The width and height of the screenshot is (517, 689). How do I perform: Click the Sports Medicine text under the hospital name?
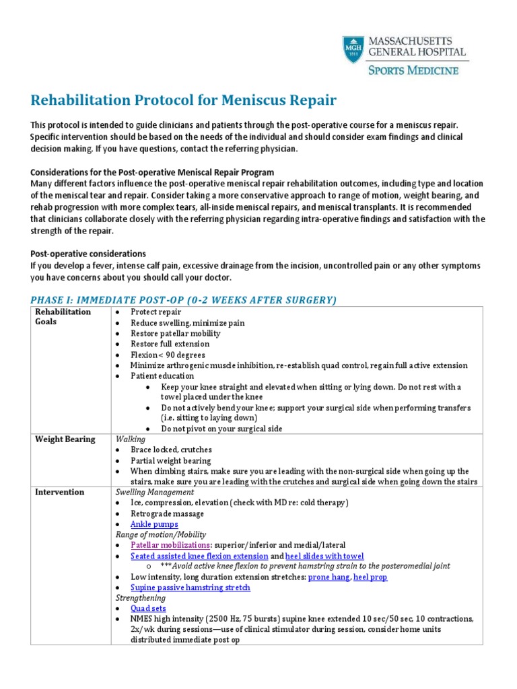(417, 71)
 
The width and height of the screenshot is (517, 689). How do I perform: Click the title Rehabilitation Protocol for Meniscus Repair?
(183, 101)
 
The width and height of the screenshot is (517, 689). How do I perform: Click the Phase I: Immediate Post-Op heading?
(184, 299)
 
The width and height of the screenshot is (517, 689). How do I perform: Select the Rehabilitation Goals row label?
(63, 317)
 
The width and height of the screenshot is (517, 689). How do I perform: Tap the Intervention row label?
(60, 492)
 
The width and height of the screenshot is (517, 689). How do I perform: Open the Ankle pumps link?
(154, 524)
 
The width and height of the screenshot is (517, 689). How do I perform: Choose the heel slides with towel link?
(325, 556)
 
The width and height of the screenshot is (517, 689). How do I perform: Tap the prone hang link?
(329, 577)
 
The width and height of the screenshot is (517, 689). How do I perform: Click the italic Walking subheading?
(130, 439)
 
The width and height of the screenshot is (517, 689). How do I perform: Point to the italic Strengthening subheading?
(141, 598)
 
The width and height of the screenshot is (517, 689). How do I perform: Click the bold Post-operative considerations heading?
(88, 254)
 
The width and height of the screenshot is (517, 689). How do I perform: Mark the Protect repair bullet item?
(156, 312)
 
